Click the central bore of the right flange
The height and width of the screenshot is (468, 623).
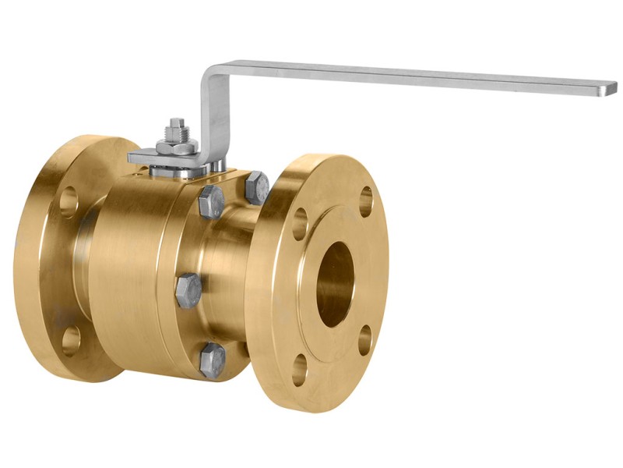[336, 283]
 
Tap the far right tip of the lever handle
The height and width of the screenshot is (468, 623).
[612, 89]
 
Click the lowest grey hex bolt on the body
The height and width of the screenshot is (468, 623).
[212, 360]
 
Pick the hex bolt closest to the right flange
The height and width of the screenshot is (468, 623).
[257, 188]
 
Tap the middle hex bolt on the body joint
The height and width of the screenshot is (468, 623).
[189, 291]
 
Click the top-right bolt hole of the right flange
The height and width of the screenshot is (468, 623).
[365, 200]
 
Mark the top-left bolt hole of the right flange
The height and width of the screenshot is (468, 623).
[301, 224]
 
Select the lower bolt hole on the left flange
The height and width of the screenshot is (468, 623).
[71, 339]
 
